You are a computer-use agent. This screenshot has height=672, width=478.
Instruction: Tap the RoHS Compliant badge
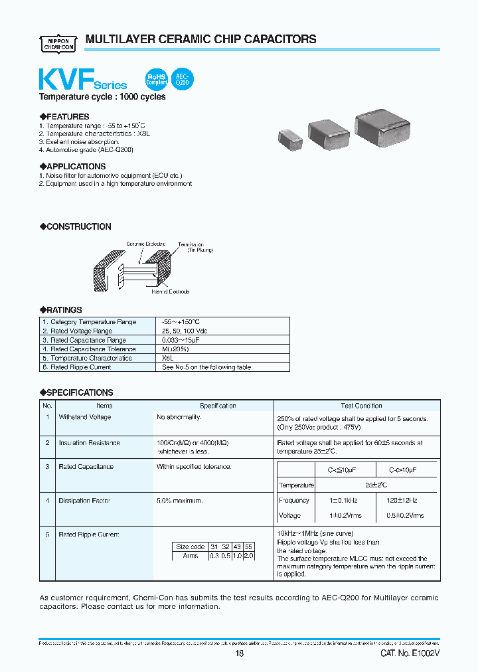[157, 80]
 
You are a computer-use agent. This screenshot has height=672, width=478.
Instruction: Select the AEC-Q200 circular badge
[183, 80]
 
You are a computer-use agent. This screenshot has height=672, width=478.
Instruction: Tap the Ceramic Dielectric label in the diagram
[147, 244]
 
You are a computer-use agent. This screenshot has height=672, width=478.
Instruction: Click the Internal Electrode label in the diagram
[170, 292]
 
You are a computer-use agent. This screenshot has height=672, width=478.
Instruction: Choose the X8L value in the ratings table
[169, 358]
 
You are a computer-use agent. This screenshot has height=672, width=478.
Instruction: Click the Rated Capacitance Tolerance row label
[93, 349]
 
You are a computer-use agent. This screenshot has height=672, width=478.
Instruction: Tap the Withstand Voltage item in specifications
[85, 417]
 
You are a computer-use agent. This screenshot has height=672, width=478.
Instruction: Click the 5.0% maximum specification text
[180, 501]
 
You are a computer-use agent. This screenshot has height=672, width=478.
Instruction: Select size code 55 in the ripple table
[249, 546]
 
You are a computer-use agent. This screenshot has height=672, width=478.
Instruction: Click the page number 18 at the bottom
[240, 654]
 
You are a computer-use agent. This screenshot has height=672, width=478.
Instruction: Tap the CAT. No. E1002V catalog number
[410, 654]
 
